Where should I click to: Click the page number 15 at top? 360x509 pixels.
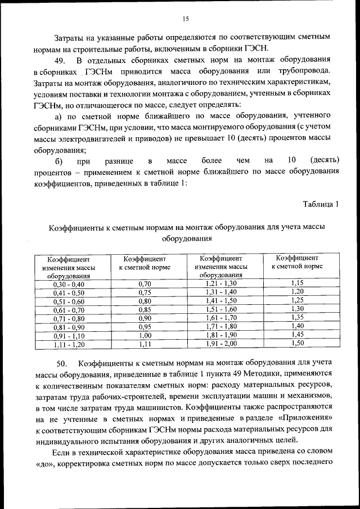coord(185,20)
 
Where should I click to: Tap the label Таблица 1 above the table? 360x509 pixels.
coord(321,204)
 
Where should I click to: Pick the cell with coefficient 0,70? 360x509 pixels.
coord(145,284)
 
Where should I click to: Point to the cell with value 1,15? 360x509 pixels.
coord(298,283)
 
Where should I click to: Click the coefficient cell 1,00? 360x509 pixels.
coord(145,335)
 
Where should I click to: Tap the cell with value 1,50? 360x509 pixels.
coord(298,342)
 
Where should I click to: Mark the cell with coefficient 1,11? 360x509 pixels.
coord(145,344)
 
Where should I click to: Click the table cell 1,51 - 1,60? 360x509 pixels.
coord(221,309)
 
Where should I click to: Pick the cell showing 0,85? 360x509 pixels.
coord(145,309)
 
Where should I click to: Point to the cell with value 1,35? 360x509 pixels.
coord(298,317)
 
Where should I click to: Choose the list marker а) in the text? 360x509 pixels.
coord(58,117)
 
